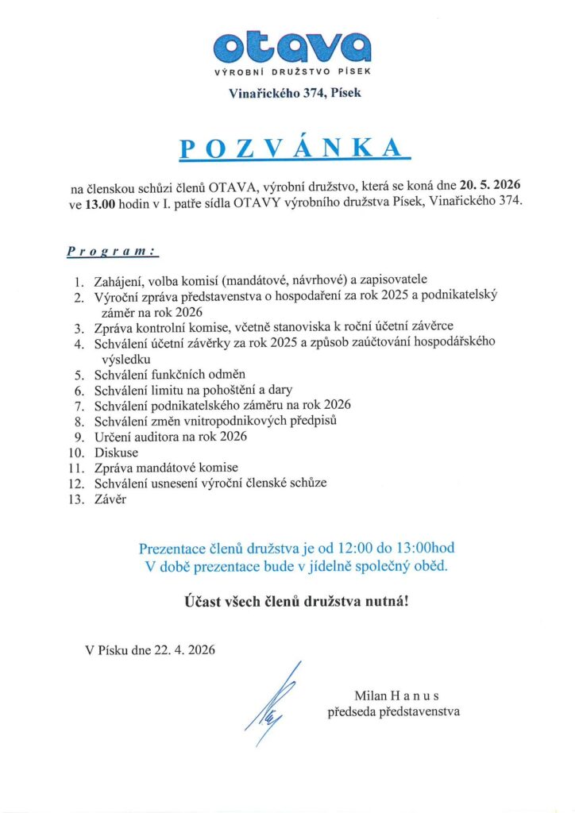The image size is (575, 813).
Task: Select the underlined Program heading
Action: (x=111, y=252)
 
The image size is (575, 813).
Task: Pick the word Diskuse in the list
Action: (x=116, y=453)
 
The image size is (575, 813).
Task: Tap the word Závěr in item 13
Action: (x=111, y=500)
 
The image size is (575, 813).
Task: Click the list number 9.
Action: (x=78, y=437)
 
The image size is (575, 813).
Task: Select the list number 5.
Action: (x=78, y=374)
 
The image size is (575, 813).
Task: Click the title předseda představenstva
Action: (x=394, y=711)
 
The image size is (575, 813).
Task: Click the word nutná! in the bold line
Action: (x=388, y=602)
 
